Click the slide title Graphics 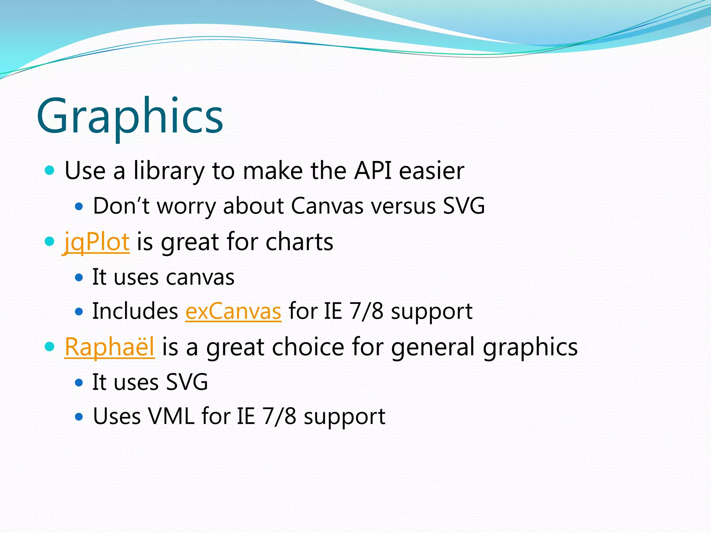point(130,116)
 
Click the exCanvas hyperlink point(233,311)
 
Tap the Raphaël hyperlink point(109,347)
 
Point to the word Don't point(121,206)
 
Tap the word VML point(171,416)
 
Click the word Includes point(135,311)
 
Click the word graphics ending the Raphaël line point(530,347)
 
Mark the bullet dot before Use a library point(50,170)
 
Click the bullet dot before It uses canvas point(79,278)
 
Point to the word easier point(432,171)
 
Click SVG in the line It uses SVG point(187,382)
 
